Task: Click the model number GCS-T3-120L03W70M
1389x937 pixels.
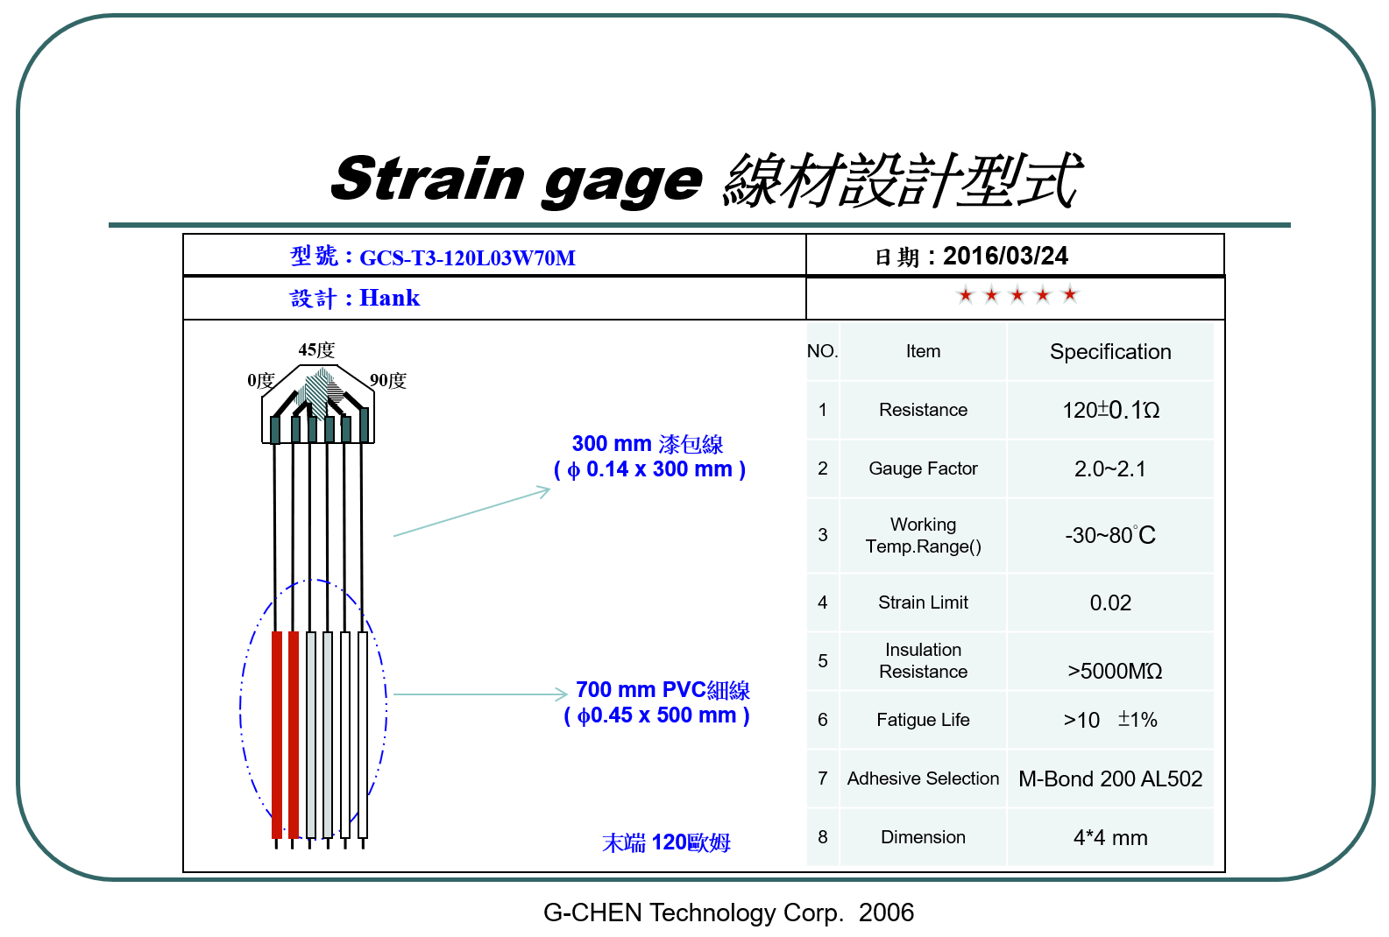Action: (x=468, y=257)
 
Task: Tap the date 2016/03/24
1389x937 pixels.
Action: (x=1005, y=256)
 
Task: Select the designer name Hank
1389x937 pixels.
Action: (x=389, y=298)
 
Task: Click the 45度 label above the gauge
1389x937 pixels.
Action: (x=316, y=350)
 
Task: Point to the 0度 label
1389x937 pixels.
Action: (x=260, y=381)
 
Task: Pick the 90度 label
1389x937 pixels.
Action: (x=388, y=381)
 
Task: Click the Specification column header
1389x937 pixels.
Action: (x=1110, y=351)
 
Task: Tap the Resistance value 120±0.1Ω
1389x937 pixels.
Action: (x=1110, y=410)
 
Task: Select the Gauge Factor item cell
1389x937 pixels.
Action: (x=923, y=468)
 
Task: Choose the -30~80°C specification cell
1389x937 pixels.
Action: (x=1110, y=535)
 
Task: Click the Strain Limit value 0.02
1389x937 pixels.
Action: (x=1110, y=602)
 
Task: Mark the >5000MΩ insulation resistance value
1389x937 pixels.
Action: (x=1115, y=671)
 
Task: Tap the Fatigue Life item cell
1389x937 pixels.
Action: (x=923, y=720)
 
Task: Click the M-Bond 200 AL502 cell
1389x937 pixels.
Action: (x=1110, y=778)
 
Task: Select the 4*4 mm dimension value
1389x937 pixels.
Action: (x=1110, y=837)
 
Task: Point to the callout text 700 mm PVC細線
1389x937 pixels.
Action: (x=663, y=690)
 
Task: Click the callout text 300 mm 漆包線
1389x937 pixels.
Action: (x=648, y=444)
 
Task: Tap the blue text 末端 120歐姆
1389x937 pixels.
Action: (x=666, y=842)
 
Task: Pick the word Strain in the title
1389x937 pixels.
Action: (x=428, y=179)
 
